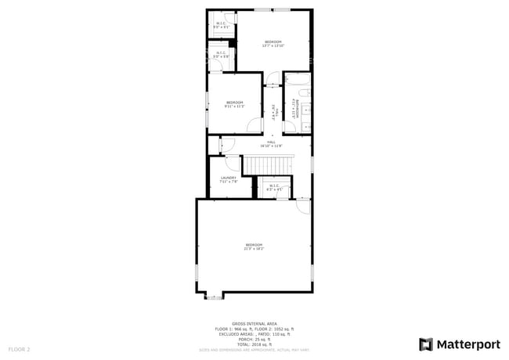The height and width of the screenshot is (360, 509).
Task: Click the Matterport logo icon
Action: point(426,344)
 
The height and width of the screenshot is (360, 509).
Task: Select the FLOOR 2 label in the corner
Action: point(19,348)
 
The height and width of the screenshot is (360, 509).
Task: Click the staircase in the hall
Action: point(269,165)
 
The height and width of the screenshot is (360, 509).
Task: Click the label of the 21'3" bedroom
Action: point(254,247)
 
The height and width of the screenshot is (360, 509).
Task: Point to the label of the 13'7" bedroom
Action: point(273,43)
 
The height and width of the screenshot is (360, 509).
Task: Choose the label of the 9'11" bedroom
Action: point(234,104)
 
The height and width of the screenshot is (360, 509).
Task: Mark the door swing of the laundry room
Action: point(233,163)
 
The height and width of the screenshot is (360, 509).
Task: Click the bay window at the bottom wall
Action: point(214,296)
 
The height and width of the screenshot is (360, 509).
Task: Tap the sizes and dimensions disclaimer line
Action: point(254,349)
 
